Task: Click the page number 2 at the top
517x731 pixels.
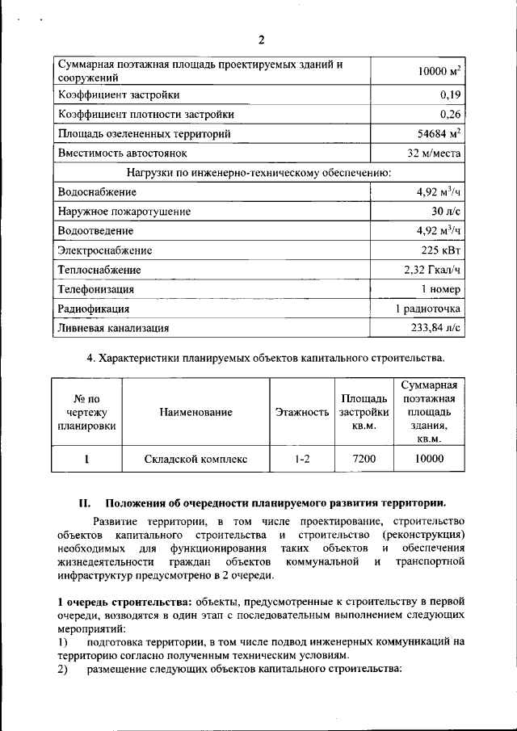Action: pyautogui.click(x=261, y=41)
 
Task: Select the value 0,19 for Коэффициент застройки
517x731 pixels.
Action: pyautogui.click(x=449, y=95)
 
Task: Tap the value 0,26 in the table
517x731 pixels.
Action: pyautogui.click(x=449, y=114)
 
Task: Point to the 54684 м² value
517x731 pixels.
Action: pyautogui.click(x=439, y=133)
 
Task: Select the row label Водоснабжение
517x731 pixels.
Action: pyautogui.click(x=98, y=191)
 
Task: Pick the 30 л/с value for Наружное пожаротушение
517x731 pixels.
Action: pyautogui.click(x=446, y=212)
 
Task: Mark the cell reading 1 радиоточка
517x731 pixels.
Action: pyautogui.click(x=428, y=309)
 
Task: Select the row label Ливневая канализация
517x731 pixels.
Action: pyautogui.click(x=113, y=328)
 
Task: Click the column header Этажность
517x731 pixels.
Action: pyautogui.click(x=301, y=412)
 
